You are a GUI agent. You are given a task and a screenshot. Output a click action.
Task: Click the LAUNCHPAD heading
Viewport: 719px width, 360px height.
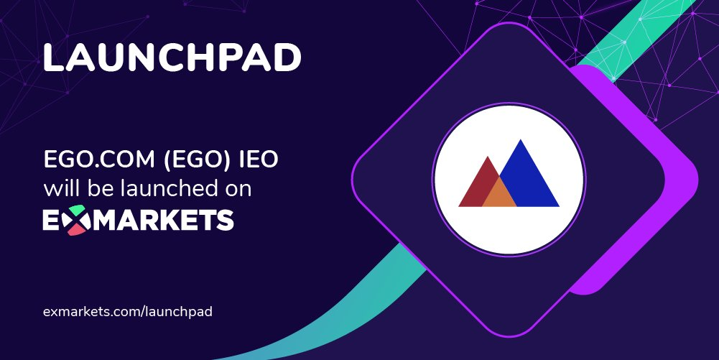pyautogui.click(x=172, y=58)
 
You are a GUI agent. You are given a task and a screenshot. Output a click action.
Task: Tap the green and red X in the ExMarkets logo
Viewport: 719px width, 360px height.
pyautogui.click(x=73, y=220)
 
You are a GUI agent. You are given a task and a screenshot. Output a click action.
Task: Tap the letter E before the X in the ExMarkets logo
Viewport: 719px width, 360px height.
pyautogui.click(x=52, y=220)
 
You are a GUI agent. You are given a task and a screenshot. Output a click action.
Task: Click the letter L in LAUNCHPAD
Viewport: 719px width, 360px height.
pyautogui.click(x=53, y=58)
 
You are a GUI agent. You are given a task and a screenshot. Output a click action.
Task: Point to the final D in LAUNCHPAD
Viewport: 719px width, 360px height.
pyautogui.click(x=287, y=58)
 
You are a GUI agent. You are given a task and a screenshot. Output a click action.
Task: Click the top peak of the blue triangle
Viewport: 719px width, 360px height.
pyautogui.click(x=520, y=140)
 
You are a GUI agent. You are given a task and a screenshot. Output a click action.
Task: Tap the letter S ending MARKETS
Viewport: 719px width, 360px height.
pyautogui.click(x=225, y=220)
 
